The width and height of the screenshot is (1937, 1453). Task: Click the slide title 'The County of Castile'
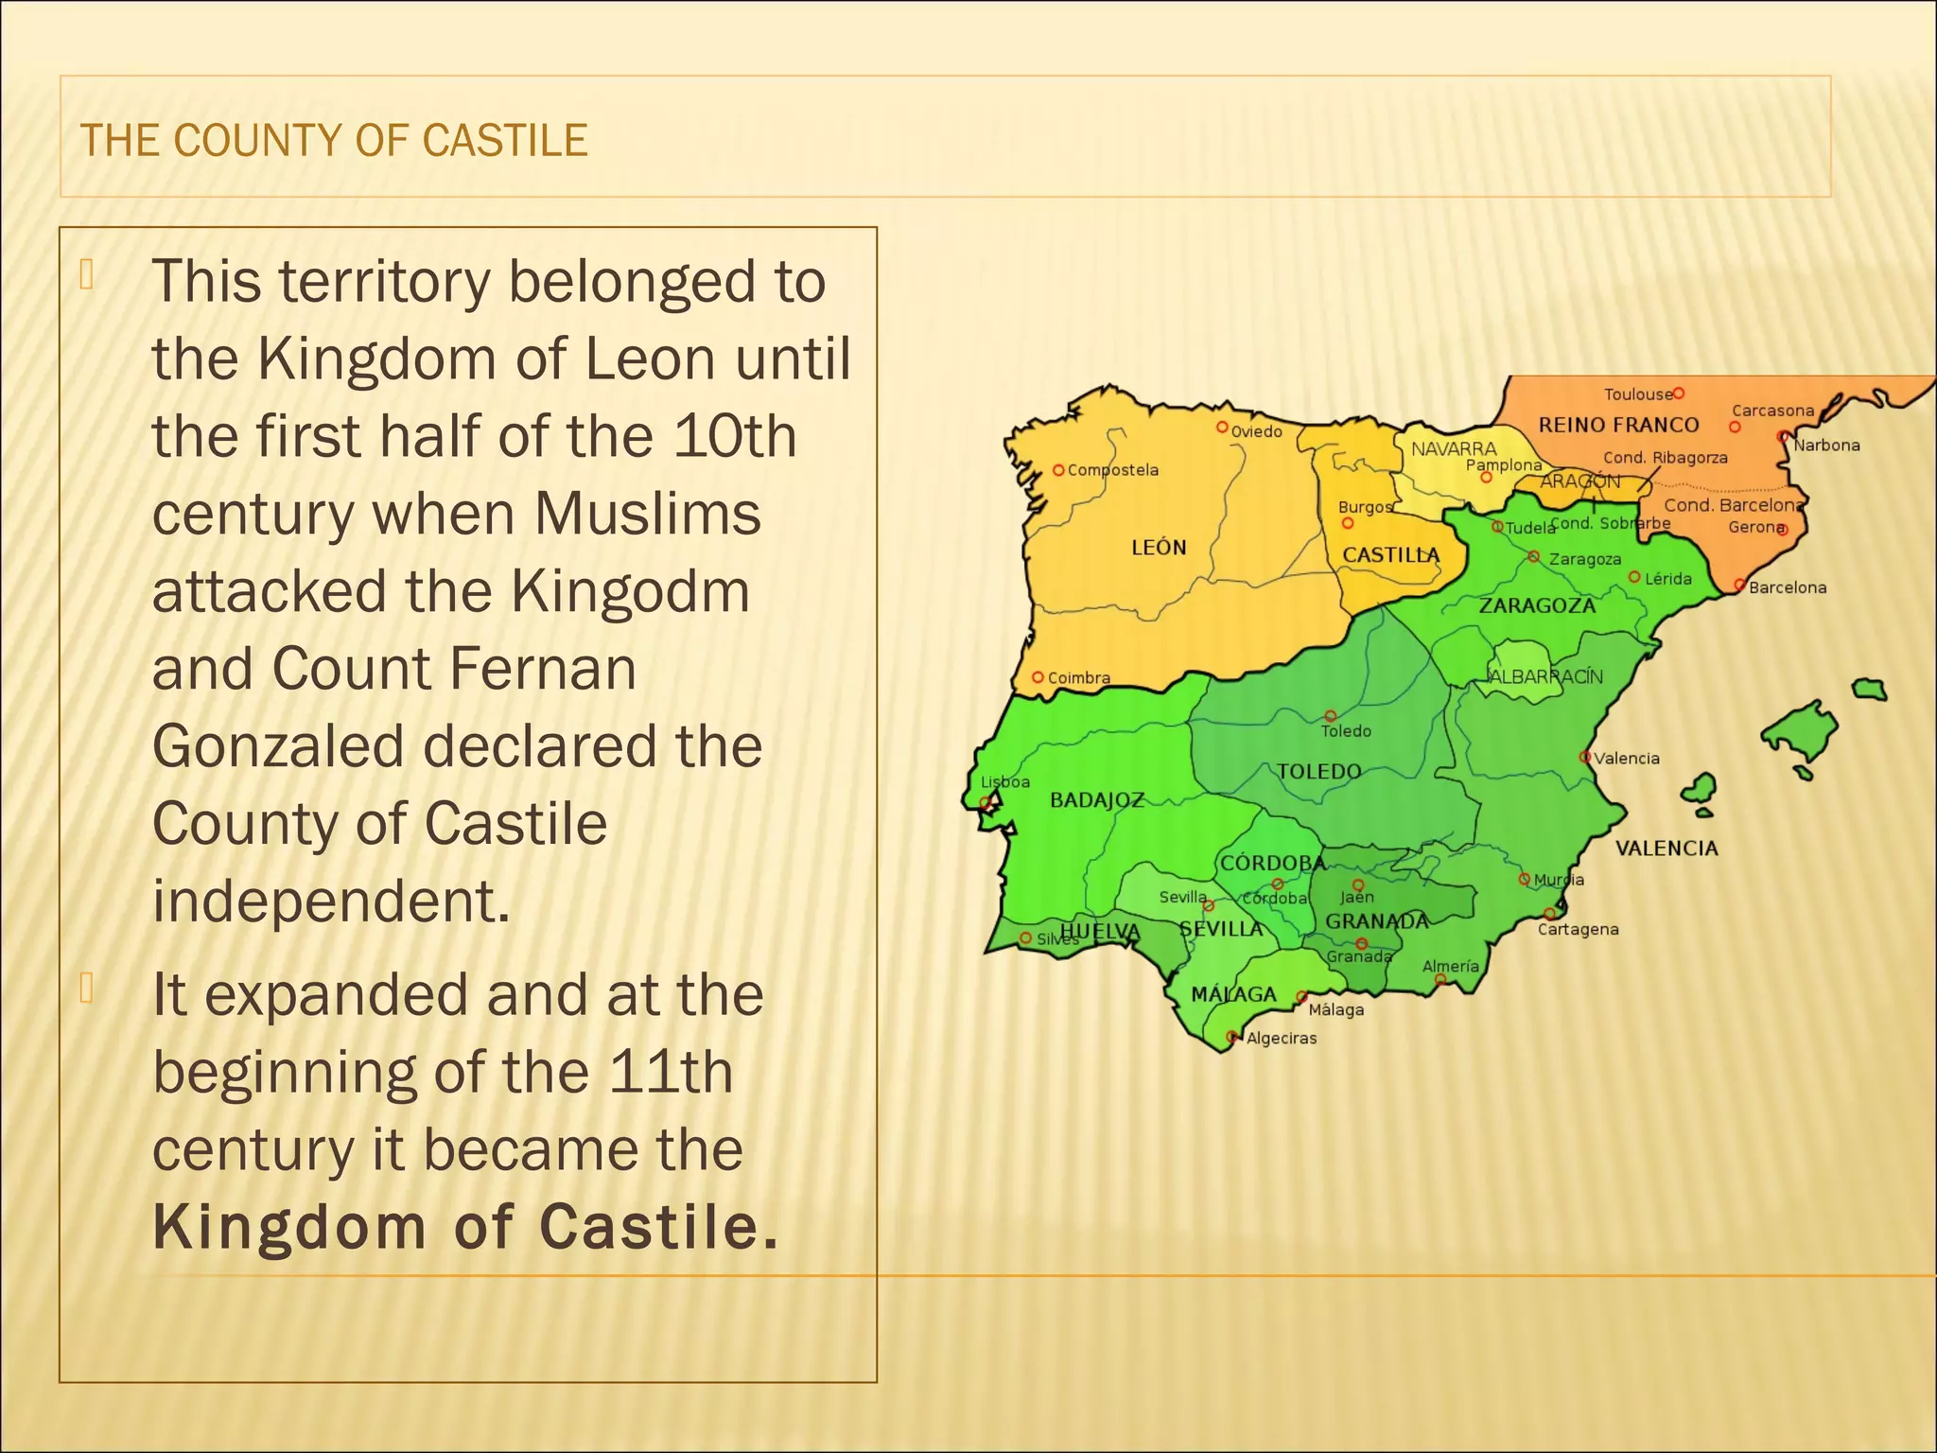[334, 140]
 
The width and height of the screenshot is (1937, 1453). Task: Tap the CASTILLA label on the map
[1391, 555]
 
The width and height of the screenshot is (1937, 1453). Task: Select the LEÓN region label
[1159, 548]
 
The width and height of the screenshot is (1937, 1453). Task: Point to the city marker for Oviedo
[1222, 428]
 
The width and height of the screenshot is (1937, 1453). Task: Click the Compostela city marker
[1058, 470]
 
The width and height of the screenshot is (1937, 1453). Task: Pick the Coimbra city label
[1078, 678]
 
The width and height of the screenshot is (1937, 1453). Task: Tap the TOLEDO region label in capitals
[1318, 772]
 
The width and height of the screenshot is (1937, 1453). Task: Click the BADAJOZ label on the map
[1097, 800]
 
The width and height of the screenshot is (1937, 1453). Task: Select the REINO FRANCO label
[1618, 425]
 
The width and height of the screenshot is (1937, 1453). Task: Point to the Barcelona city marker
[1739, 586]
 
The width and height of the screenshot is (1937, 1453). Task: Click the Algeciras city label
[1282, 1039]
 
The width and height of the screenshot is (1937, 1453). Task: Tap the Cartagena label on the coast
[1578, 930]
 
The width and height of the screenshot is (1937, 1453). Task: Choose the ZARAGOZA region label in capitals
[1537, 605]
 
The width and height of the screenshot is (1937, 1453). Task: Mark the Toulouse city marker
[1679, 393]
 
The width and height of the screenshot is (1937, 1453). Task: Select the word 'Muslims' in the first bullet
[648, 515]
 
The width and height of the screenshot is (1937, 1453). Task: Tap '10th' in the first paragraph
[735, 437]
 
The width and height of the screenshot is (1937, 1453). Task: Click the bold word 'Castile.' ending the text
[658, 1228]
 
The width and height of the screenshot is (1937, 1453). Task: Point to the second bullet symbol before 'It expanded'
[87, 988]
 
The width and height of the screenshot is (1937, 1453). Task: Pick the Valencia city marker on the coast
[1584, 757]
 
